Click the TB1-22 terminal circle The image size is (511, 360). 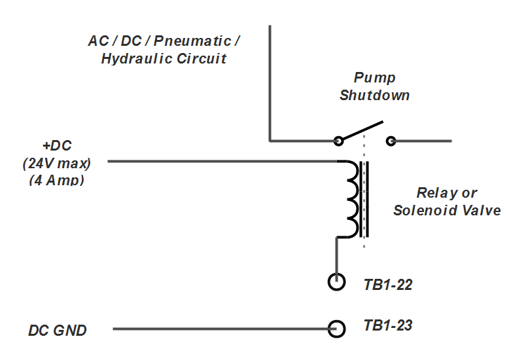(x=336, y=282)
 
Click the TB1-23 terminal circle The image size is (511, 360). (x=336, y=329)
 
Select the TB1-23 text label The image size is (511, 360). (x=388, y=325)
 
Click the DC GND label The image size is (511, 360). (x=58, y=331)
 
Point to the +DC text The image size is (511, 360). (x=57, y=145)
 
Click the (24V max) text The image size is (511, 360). (x=57, y=162)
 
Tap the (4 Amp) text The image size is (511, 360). (x=57, y=179)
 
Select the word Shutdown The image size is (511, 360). (x=374, y=95)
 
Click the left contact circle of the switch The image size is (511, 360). (x=338, y=140)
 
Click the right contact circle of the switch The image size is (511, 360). (x=391, y=140)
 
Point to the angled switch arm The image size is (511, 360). (x=362, y=130)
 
